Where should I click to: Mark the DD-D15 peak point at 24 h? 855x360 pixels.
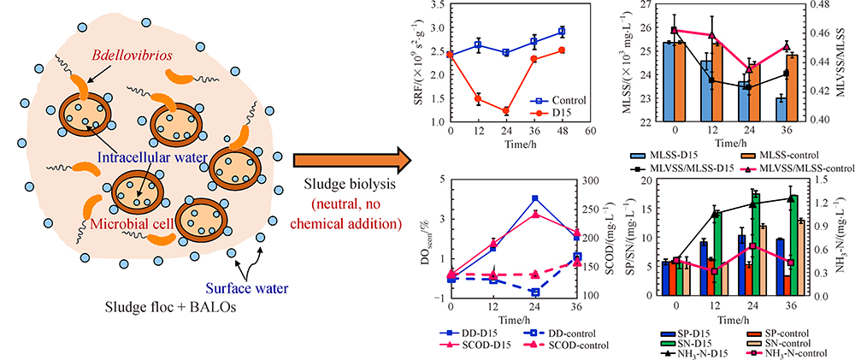[x=535, y=198]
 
